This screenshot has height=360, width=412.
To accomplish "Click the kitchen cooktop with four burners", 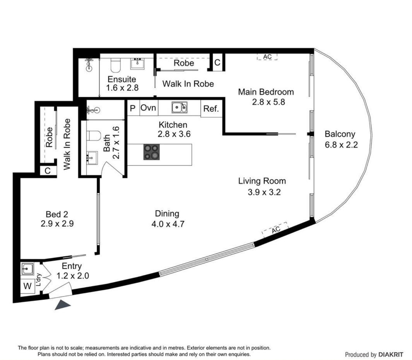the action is tap(152, 152).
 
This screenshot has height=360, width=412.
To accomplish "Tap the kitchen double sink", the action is tap(180, 107).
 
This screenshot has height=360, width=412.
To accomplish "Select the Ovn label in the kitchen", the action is tap(149, 108).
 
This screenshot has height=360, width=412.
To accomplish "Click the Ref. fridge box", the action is tap(211, 109).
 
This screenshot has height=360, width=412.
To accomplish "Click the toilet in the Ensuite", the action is tap(116, 65).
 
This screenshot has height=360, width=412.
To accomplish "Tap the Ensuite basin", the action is tap(138, 63).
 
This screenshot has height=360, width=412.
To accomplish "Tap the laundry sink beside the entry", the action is tap(27, 269).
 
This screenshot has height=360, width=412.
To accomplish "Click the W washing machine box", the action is tap(27, 286).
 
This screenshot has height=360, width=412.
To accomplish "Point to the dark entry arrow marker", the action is tap(62, 305).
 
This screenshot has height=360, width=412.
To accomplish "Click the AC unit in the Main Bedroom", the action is tap(267, 57).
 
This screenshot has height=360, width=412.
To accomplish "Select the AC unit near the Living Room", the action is tap(275, 230).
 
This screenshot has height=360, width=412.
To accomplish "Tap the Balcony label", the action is tap(340, 134).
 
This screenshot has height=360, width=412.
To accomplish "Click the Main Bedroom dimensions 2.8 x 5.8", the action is tap(268, 102).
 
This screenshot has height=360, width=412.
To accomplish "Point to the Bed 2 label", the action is tap(57, 214).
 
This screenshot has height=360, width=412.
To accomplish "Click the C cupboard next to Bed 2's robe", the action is tap(48, 171).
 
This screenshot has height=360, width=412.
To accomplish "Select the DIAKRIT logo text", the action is tap(391, 355).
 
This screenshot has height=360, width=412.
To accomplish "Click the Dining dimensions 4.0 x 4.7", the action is tap(168, 224).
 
